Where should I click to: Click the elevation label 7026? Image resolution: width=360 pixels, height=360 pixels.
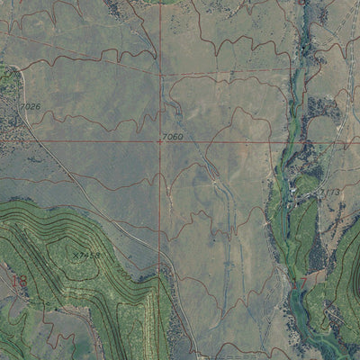point(31,106)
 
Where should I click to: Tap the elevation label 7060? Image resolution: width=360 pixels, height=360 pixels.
point(173,136)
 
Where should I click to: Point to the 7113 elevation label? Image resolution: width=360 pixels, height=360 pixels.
point(328,193)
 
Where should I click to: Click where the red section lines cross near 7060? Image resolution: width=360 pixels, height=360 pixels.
point(162,140)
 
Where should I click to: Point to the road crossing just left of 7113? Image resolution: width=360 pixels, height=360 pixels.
point(314,194)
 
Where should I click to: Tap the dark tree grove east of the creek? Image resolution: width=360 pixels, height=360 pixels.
point(320,108)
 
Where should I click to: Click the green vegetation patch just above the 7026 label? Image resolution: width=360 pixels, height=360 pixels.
point(9,81)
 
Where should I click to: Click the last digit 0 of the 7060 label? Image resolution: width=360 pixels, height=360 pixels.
point(181,136)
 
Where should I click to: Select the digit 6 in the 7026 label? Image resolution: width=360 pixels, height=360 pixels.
point(38,106)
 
